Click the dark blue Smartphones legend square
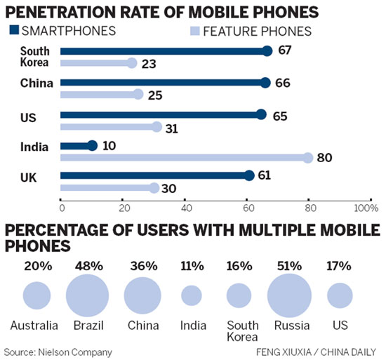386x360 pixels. tap(14, 30)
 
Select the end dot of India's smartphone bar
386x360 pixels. tap(92, 146)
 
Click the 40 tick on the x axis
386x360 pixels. tap(186, 208)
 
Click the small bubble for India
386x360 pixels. tap(191, 295)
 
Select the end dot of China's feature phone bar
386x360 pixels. tap(138, 94)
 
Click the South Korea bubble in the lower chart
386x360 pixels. tap(239, 295)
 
